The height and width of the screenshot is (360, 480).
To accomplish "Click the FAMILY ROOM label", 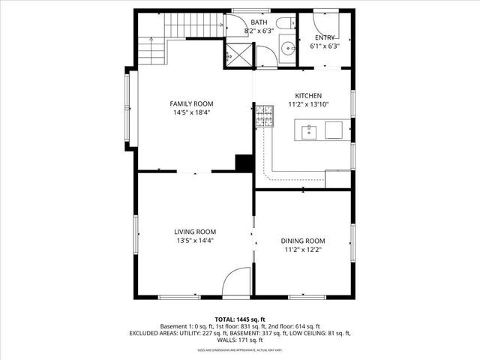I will (191, 103).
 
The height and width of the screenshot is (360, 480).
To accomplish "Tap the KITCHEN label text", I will (308, 96).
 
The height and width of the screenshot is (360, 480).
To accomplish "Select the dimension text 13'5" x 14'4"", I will (195, 241).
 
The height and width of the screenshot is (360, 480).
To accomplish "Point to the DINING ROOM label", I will (303, 241).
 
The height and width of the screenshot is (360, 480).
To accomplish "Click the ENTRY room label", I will (325, 37).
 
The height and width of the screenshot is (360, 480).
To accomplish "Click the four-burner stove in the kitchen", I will (264, 115).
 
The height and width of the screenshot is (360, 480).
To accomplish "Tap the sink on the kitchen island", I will (309, 133).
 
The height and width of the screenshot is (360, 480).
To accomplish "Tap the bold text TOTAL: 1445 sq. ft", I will (240, 319).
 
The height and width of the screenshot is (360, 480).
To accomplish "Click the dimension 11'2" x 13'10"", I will (308, 105).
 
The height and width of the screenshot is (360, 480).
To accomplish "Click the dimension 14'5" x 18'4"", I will (191, 112).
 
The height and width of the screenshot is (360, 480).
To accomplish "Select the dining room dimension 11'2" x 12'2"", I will (303, 250).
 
